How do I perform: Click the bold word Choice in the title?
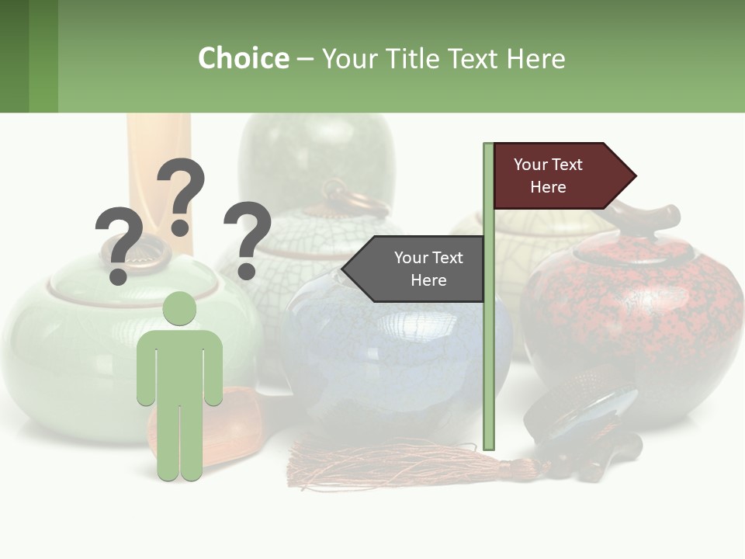click(x=243, y=58)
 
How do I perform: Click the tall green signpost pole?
click(x=489, y=349)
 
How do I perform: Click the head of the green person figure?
click(x=179, y=309)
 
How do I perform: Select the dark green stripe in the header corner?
click(x=14, y=56)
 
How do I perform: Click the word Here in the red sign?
click(x=548, y=187)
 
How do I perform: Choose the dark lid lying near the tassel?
click(x=582, y=411)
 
